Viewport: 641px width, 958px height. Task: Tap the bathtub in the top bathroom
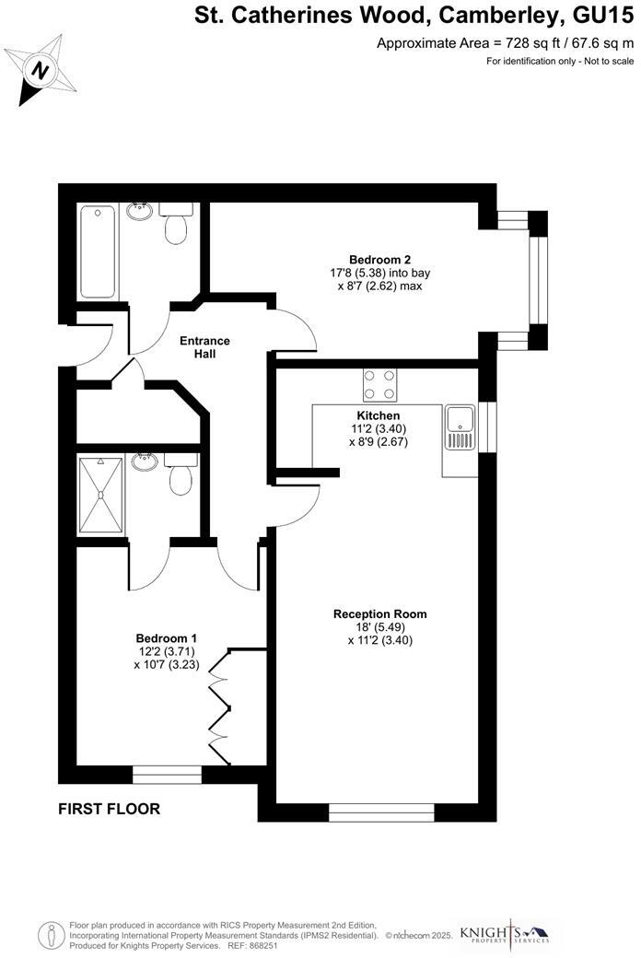click(x=99, y=251)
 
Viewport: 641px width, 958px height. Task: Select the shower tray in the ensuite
click(x=100, y=494)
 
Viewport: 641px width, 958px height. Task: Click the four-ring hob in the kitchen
click(x=379, y=384)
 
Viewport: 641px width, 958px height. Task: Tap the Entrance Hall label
click(x=205, y=347)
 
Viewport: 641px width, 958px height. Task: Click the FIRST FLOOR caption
click(x=109, y=810)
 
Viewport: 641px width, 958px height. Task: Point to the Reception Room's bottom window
click(x=381, y=812)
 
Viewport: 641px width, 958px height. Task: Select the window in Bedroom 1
click(x=167, y=775)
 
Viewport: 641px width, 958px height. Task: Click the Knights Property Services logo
click(x=504, y=933)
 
